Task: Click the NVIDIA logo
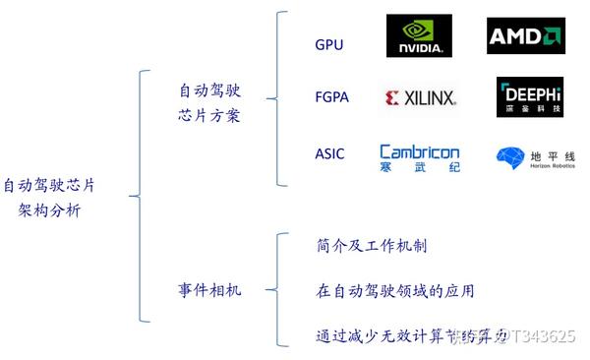tap(419, 36)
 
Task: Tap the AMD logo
tap(525, 36)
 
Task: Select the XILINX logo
tap(420, 97)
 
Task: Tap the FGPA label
tap(330, 97)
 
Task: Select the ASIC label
tap(329, 154)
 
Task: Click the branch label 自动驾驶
tap(208, 90)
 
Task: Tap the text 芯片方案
tap(208, 115)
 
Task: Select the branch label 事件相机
tap(208, 290)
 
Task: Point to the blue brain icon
tap(509, 157)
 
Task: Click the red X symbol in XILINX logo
tap(392, 97)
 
